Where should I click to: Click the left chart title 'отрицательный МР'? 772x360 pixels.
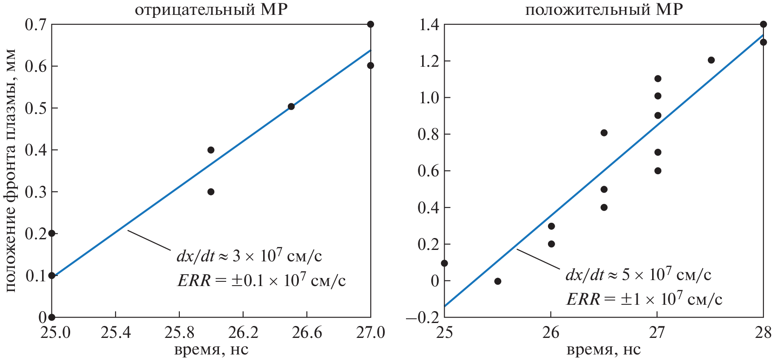[x=211, y=9]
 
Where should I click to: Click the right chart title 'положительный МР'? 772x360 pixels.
[x=604, y=9]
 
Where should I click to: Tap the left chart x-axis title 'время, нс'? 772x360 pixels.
[x=211, y=349]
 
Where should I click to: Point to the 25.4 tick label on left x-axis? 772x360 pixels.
[x=116, y=332]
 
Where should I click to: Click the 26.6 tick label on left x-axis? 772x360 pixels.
[x=307, y=332]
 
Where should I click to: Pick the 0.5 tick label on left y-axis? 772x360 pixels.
[x=36, y=108]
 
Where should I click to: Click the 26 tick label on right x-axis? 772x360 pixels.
[x=551, y=332]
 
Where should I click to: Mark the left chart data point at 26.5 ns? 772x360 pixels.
[x=291, y=107]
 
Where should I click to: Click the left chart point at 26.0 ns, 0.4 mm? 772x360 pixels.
[x=211, y=150]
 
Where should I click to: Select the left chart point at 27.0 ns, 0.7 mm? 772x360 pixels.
[x=370, y=24]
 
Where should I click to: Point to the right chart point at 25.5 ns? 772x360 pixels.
[x=498, y=281]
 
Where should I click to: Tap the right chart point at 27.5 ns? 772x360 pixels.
[x=711, y=60]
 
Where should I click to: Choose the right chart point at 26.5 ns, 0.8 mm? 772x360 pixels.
[x=604, y=133]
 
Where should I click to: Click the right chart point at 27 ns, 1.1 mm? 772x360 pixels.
[x=658, y=79]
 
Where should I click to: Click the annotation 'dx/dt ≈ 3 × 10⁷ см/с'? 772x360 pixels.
[x=249, y=256]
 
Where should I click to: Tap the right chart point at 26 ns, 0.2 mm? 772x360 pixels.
[x=551, y=244]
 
